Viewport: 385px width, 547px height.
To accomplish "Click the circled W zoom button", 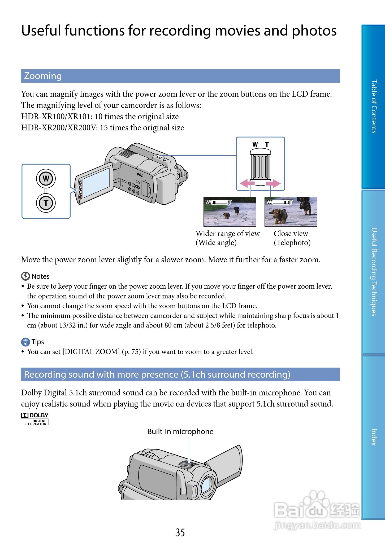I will click(46, 178).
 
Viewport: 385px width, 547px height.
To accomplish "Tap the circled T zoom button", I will click(46, 203).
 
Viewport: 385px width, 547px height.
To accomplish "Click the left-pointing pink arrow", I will click(247, 183).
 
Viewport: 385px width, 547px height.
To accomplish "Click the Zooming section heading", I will click(43, 76).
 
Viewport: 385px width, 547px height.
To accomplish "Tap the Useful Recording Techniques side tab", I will click(374, 272).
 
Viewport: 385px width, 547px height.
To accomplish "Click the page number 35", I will click(180, 532).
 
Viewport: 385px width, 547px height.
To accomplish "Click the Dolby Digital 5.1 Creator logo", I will click(35, 419).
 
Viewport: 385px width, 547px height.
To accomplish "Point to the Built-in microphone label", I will click(180, 431).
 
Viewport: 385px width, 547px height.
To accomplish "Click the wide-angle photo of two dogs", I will click(230, 211).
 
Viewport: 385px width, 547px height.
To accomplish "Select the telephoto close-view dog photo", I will click(291, 211).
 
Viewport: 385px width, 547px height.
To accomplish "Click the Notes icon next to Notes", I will click(25, 276).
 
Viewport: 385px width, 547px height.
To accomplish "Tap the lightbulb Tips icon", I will click(25, 342).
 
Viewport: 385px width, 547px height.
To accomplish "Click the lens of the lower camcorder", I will click(206, 486).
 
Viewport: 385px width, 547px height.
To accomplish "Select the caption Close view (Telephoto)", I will click(292, 238).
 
